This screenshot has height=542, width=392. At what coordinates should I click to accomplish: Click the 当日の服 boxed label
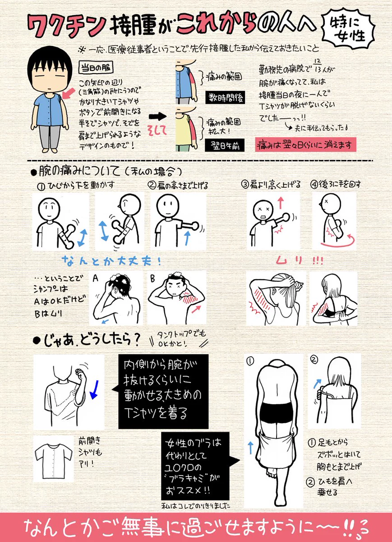[x=96, y=67]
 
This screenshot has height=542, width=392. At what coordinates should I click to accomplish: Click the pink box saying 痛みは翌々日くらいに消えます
[x=306, y=145]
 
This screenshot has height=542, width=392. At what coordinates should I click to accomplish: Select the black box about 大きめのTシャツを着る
[x=163, y=391]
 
